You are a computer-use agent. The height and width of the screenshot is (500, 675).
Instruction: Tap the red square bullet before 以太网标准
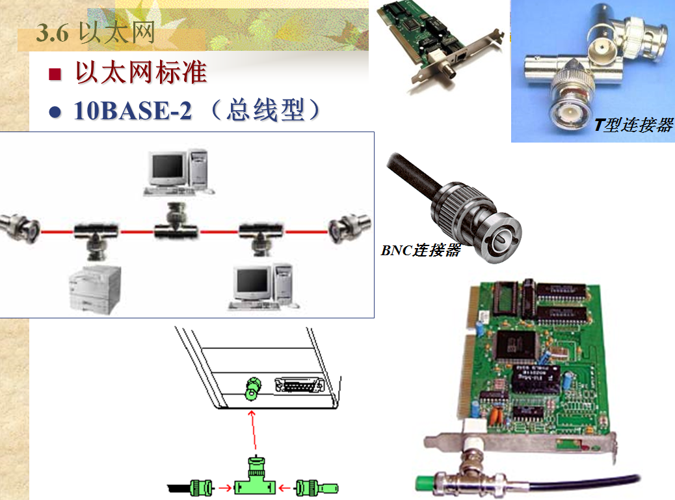[x=55, y=74]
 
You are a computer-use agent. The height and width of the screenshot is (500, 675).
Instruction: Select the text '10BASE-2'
[x=133, y=110]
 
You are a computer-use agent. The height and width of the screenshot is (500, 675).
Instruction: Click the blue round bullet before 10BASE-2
[x=55, y=112]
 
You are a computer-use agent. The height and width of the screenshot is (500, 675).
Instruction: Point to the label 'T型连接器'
[x=633, y=125]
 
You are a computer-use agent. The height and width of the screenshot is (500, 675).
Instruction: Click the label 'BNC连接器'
[x=421, y=250]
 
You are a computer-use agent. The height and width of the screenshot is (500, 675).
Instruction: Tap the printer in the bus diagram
[x=95, y=290]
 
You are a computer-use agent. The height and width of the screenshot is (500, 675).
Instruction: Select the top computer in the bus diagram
[x=179, y=172]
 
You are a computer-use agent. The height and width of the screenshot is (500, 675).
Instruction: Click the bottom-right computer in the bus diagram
[x=263, y=287]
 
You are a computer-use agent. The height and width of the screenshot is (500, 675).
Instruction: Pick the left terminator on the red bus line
[x=20, y=228]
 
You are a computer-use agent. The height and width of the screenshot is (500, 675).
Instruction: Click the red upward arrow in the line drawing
[x=253, y=430]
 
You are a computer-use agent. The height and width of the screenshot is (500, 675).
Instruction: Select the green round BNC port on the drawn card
[x=253, y=389]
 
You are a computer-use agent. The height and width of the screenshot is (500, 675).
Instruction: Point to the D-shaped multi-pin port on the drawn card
[x=300, y=385]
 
